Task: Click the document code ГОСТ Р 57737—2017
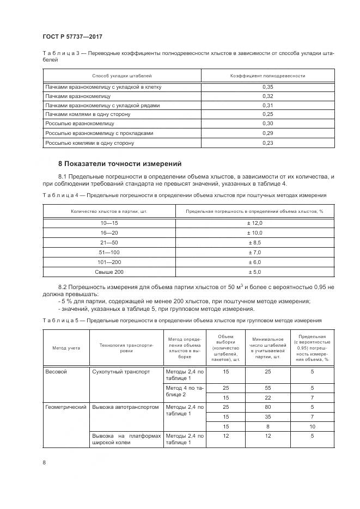72,36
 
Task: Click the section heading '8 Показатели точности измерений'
120,163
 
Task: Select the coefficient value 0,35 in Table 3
267,87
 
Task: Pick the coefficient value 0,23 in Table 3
267,143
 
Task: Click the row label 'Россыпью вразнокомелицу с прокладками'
99,133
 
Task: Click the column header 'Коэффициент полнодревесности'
267,76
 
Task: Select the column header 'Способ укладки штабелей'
122,76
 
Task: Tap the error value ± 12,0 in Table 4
255,223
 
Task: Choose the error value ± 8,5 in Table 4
255,242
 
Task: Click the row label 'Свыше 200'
109,272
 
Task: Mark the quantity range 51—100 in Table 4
109,252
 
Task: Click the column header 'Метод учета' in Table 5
66,347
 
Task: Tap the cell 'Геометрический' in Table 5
66,407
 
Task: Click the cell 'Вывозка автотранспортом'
126,407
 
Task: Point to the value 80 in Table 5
267,407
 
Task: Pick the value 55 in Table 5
267,388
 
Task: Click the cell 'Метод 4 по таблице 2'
184,391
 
